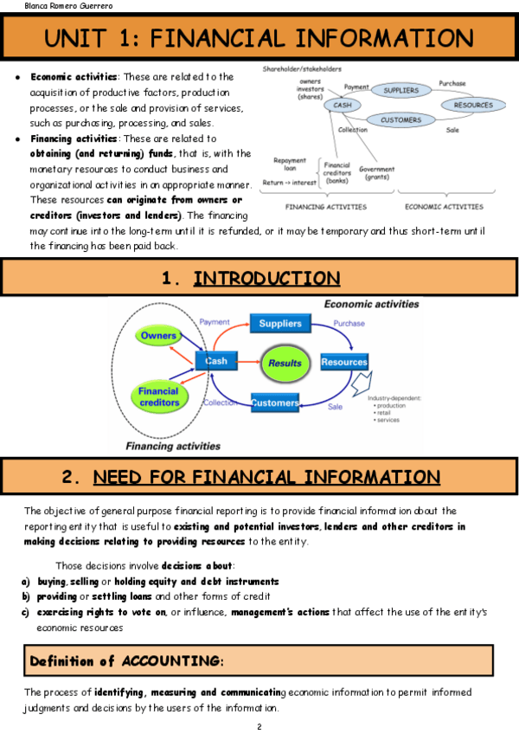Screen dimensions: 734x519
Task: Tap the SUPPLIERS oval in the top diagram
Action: pyautogui.click(x=400, y=89)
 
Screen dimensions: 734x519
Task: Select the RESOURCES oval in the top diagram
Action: pyautogui.click(x=472, y=105)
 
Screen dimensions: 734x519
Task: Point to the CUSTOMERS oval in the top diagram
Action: pyautogui.click(x=400, y=120)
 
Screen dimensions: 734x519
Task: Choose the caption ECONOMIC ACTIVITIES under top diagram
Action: pyautogui.click(x=444, y=207)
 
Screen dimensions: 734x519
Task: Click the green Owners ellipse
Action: pyautogui.click(x=159, y=336)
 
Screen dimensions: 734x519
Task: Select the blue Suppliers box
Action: pyautogui.click(x=279, y=324)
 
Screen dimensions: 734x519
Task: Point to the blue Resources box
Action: pyautogui.click(x=344, y=362)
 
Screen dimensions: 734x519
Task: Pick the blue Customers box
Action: pyautogui.click(x=275, y=403)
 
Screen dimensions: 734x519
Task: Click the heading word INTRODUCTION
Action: pyautogui.click(x=266, y=279)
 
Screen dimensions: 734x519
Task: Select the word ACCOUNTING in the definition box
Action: pyautogui.click(x=170, y=660)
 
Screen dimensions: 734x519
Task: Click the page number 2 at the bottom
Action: pyautogui.click(x=259, y=725)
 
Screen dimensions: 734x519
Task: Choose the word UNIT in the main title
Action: pyautogui.click(x=84, y=38)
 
